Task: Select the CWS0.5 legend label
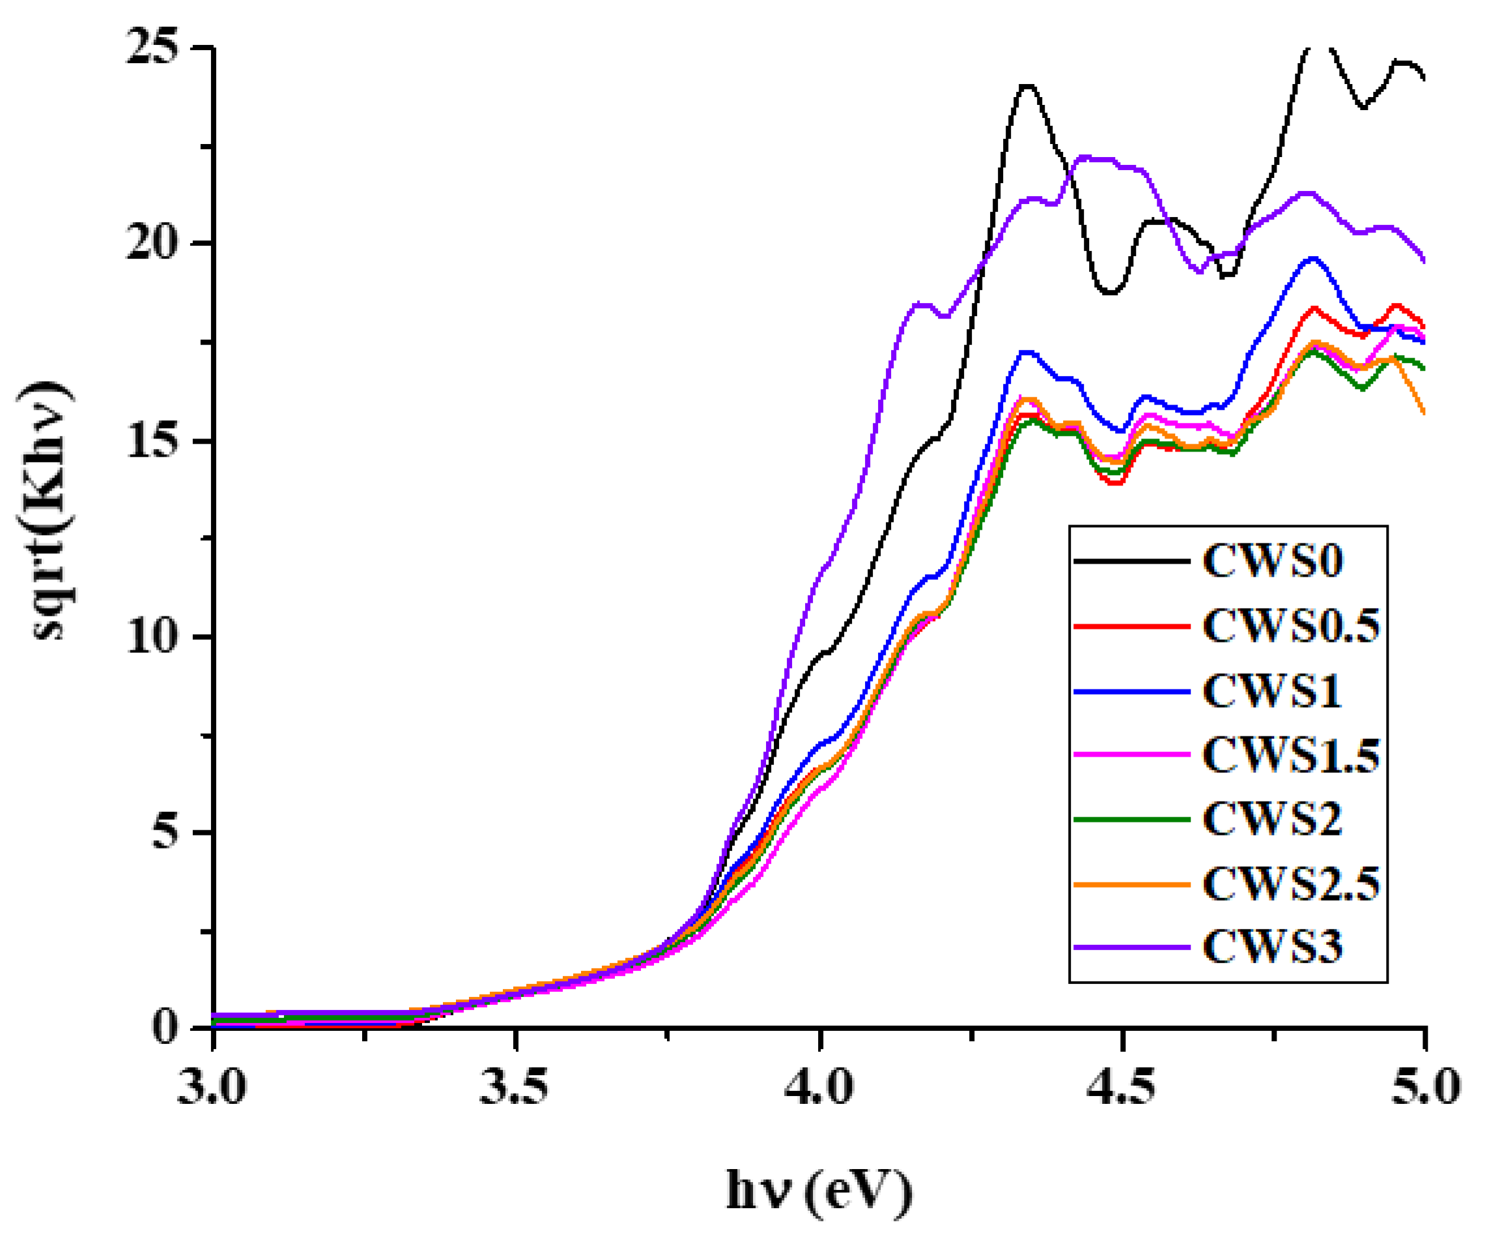click(1291, 626)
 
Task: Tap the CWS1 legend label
click(1273, 691)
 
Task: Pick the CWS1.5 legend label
click(1291, 755)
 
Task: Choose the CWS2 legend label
click(1273, 819)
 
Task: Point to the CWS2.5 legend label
click(1291, 884)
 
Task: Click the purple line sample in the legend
click(1131, 947)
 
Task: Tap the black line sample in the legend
click(1131, 561)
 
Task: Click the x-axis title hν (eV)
click(819, 1191)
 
